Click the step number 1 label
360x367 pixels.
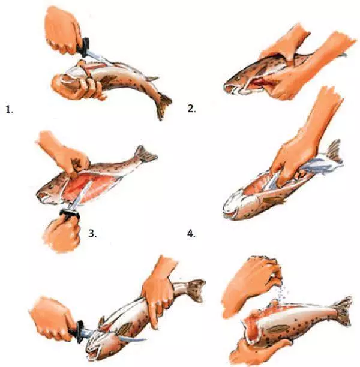click(x=10, y=110)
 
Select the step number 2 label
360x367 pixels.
click(x=191, y=109)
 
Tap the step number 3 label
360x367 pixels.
click(x=92, y=233)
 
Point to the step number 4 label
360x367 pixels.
click(x=191, y=234)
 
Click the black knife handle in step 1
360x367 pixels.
click(x=85, y=47)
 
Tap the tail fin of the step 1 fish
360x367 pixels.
click(x=164, y=104)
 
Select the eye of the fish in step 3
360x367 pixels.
click(x=50, y=186)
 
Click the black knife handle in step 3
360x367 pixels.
click(x=70, y=214)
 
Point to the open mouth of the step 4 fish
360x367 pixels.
click(x=231, y=213)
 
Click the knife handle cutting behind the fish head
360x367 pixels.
click(x=80, y=330)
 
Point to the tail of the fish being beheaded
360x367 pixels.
click(x=195, y=290)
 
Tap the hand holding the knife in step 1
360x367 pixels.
click(x=62, y=31)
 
